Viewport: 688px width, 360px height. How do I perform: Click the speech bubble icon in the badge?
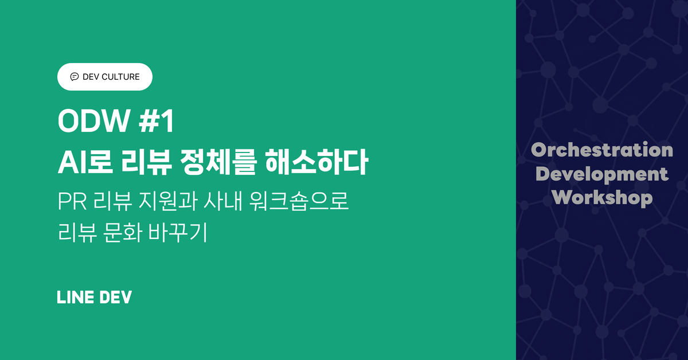74,77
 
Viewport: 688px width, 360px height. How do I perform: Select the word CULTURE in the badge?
120,77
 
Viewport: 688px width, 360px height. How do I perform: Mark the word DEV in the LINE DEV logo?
115,297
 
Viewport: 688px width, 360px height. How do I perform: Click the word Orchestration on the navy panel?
602,150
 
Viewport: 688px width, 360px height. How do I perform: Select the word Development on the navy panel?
602,174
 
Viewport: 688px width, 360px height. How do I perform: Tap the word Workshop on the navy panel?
602,198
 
